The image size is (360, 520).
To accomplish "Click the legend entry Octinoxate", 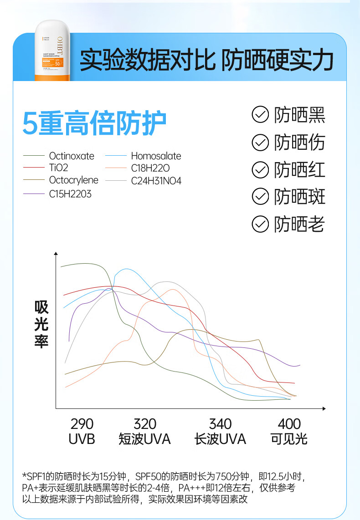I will [x=72, y=156].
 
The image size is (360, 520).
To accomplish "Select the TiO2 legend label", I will [x=58, y=168].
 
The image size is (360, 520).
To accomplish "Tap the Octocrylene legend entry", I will [x=73, y=180].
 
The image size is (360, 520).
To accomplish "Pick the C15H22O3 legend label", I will [x=70, y=194].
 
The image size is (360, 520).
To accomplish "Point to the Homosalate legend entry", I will [x=156, y=156].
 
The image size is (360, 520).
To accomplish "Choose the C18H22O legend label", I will [x=150, y=168].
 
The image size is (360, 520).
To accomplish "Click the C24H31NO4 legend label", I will [x=156, y=181].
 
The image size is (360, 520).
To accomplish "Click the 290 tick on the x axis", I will [x=82, y=424].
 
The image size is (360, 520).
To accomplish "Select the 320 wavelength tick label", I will [x=145, y=424].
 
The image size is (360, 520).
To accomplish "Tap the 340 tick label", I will [x=220, y=424].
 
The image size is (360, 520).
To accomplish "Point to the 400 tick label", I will [x=289, y=424].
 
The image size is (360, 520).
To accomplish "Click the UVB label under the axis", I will [x=82, y=439].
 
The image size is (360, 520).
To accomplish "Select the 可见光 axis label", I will [x=289, y=439].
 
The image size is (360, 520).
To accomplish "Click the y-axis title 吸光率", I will [x=41, y=325].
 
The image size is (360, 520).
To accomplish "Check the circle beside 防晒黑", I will [x=260, y=115].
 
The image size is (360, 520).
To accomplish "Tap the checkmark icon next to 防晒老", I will [x=260, y=224].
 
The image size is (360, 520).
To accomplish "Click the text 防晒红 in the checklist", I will [x=299, y=170].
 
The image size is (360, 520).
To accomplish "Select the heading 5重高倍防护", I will [x=94, y=123].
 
